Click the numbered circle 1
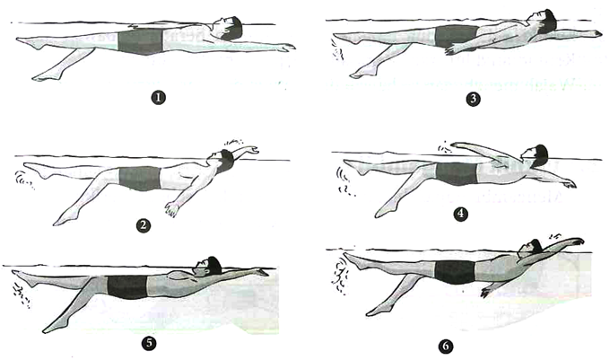(x=159, y=97)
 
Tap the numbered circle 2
(x=144, y=225)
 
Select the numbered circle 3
(x=473, y=99)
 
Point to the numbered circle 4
(x=460, y=214)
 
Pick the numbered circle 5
(x=150, y=343)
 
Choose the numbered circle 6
(x=446, y=346)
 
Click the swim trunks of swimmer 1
(x=140, y=41)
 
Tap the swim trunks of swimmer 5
(x=126, y=286)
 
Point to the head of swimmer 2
(x=222, y=160)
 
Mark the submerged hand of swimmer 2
(x=171, y=209)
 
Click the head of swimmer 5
(x=209, y=266)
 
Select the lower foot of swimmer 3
(x=361, y=73)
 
